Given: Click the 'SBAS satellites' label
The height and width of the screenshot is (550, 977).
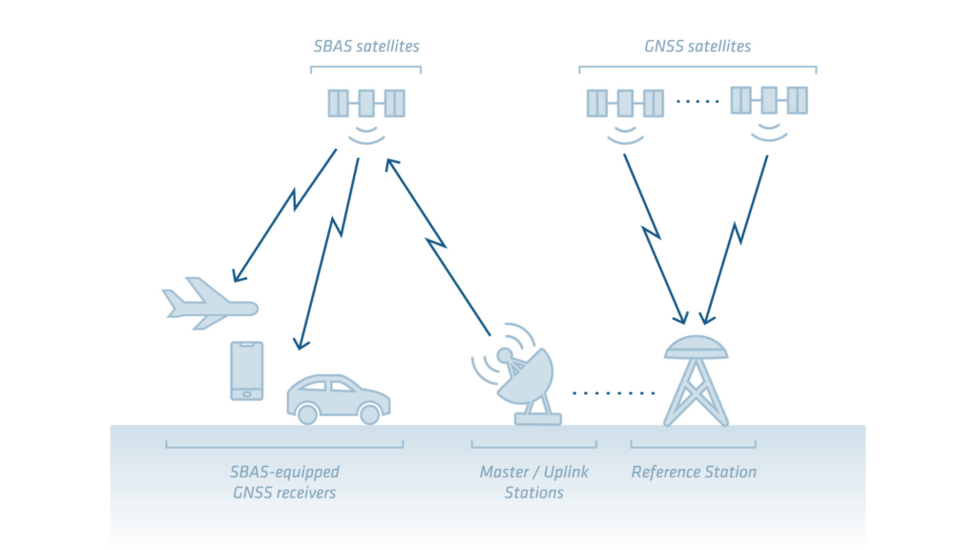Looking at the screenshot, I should [x=366, y=46].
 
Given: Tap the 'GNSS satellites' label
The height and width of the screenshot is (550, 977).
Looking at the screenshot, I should [x=697, y=46].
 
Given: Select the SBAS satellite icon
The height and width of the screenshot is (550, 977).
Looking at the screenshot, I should [x=366, y=103].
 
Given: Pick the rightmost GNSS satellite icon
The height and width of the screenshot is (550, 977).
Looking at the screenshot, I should [x=769, y=100].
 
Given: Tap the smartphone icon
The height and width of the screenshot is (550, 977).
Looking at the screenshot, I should [x=246, y=370].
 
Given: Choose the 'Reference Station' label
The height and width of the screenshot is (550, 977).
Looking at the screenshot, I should [x=694, y=473].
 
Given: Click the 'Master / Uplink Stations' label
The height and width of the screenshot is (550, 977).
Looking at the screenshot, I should [x=534, y=482].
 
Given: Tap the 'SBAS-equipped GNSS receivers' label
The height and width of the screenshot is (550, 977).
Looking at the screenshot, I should [x=284, y=482].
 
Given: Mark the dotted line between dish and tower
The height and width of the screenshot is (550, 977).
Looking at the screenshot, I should [x=613, y=392].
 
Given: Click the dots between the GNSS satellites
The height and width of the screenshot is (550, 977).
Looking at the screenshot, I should [x=696, y=101].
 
